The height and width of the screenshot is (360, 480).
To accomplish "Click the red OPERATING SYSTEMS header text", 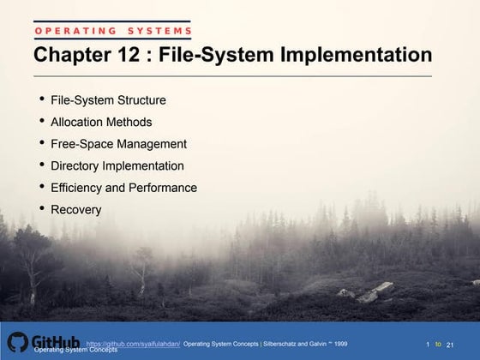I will point(112,32).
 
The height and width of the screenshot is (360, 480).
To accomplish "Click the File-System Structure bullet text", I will point(108,100).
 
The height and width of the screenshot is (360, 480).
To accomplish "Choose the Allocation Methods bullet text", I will point(101,122).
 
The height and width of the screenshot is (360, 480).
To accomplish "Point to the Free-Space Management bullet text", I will point(118,143).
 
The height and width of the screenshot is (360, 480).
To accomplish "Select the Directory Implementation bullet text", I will point(117,165).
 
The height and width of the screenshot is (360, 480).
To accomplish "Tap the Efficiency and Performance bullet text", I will point(123,187).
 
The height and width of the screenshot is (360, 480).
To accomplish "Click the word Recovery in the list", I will point(75,209).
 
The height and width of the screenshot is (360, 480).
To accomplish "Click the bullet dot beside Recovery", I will point(43,208).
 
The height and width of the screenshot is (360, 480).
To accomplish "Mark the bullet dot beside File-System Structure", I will point(43,99).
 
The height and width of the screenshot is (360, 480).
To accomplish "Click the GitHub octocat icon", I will point(18,343).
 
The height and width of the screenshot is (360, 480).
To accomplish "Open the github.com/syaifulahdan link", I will point(132,343).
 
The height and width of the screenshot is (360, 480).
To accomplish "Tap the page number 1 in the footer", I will point(428,344).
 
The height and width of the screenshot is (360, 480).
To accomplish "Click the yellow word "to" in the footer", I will point(438,343).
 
